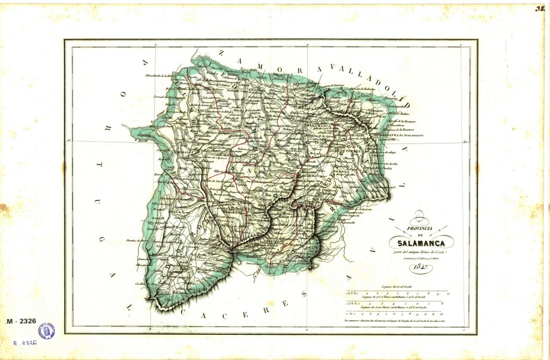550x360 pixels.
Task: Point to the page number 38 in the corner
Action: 541,9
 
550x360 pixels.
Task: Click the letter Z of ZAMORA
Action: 221,52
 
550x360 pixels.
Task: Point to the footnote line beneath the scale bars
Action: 396,320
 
